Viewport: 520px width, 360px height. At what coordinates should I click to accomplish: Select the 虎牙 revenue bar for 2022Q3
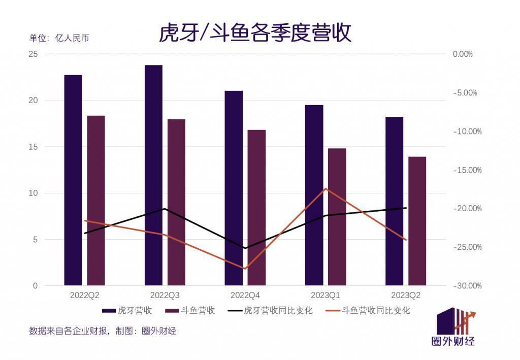(153, 175)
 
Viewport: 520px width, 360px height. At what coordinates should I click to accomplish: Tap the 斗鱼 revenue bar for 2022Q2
(96, 201)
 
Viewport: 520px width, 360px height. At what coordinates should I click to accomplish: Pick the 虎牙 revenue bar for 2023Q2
(394, 201)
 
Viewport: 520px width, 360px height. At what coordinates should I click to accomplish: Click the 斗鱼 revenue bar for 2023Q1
(337, 217)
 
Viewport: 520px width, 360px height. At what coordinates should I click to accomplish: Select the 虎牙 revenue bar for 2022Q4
(234, 188)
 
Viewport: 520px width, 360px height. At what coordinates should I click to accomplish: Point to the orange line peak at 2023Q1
(326, 188)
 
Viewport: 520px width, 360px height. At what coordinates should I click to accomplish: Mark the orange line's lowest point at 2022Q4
(245, 269)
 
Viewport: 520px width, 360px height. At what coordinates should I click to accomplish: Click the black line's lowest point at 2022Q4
(245, 248)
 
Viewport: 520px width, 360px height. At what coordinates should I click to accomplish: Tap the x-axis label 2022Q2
(84, 295)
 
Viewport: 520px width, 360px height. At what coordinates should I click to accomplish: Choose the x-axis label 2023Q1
(326, 295)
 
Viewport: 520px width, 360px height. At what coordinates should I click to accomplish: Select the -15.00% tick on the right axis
(467, 170)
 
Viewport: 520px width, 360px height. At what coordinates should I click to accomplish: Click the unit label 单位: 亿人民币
(59, 39)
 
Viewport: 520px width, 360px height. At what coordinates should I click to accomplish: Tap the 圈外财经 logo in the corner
(456, 328)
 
